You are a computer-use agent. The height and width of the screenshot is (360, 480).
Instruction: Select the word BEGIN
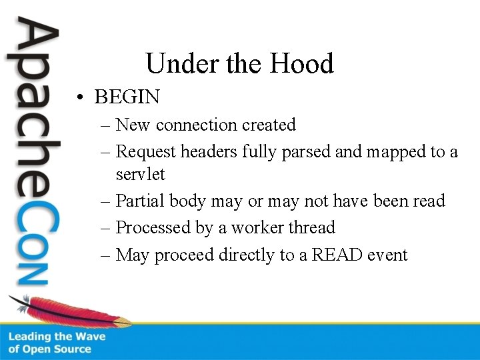click(127, 97)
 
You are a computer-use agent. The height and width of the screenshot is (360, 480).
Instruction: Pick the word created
click(269, 125)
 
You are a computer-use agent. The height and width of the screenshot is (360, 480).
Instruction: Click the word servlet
click(140, 175)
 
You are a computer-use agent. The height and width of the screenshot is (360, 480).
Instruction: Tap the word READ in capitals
click(332, 255)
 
